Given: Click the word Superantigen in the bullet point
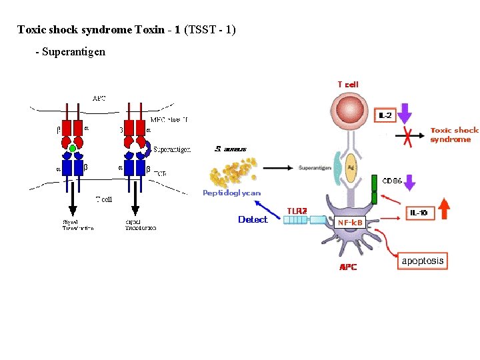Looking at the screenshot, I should point(74,51).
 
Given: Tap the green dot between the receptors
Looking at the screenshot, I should point(73,149).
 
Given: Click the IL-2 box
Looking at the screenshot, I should point(385,116).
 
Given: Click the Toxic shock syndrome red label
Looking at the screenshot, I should point(454,135).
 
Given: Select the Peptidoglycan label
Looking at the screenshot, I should point(231,193).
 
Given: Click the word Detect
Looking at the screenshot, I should point(253,219).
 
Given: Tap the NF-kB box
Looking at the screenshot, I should point(349,222).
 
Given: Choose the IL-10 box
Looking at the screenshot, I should point(419,213).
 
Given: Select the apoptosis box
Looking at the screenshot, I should point(422,261).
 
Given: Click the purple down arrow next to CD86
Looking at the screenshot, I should point(410,182).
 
